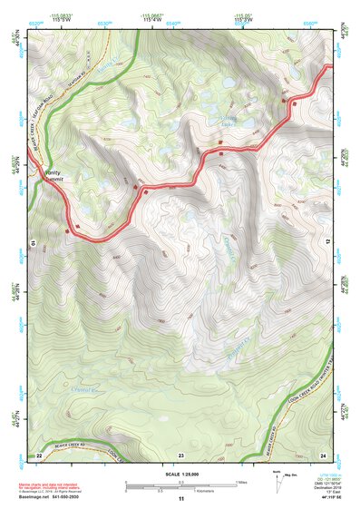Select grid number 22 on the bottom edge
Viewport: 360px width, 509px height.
(39, 454)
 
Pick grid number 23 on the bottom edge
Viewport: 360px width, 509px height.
(180, 454)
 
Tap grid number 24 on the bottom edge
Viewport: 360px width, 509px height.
(323, 454)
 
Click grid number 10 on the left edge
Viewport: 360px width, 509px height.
(33, 243)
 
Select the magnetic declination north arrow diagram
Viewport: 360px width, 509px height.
(277, 481)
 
